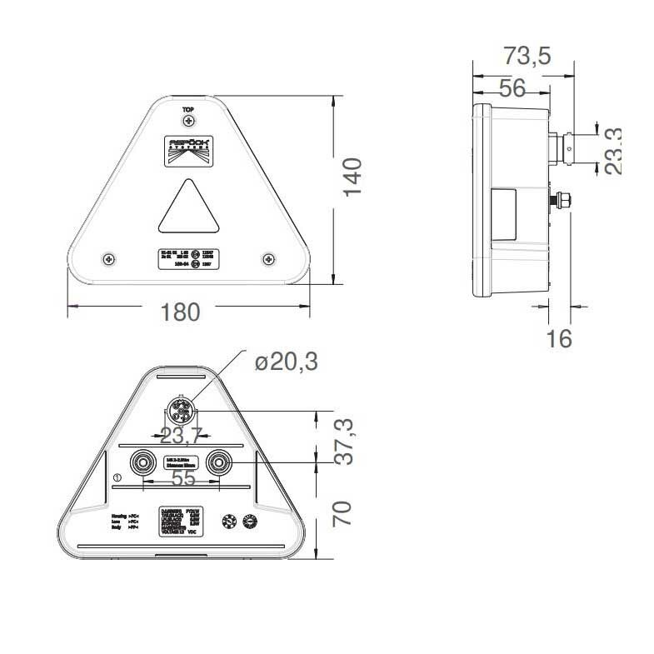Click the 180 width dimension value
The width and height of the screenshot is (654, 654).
181,312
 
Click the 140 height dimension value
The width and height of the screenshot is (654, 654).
353,176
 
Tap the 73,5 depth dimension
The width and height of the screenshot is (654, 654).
527,56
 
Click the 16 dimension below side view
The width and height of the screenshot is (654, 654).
561,338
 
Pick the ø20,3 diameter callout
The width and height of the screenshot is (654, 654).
287,362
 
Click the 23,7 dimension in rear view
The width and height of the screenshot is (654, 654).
181,435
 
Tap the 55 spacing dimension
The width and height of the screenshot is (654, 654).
182,478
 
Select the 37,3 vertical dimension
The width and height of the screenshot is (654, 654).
344,442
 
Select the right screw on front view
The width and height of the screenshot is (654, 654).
268,259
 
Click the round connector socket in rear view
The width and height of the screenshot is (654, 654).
182,410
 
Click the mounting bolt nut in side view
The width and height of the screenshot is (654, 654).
563,201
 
